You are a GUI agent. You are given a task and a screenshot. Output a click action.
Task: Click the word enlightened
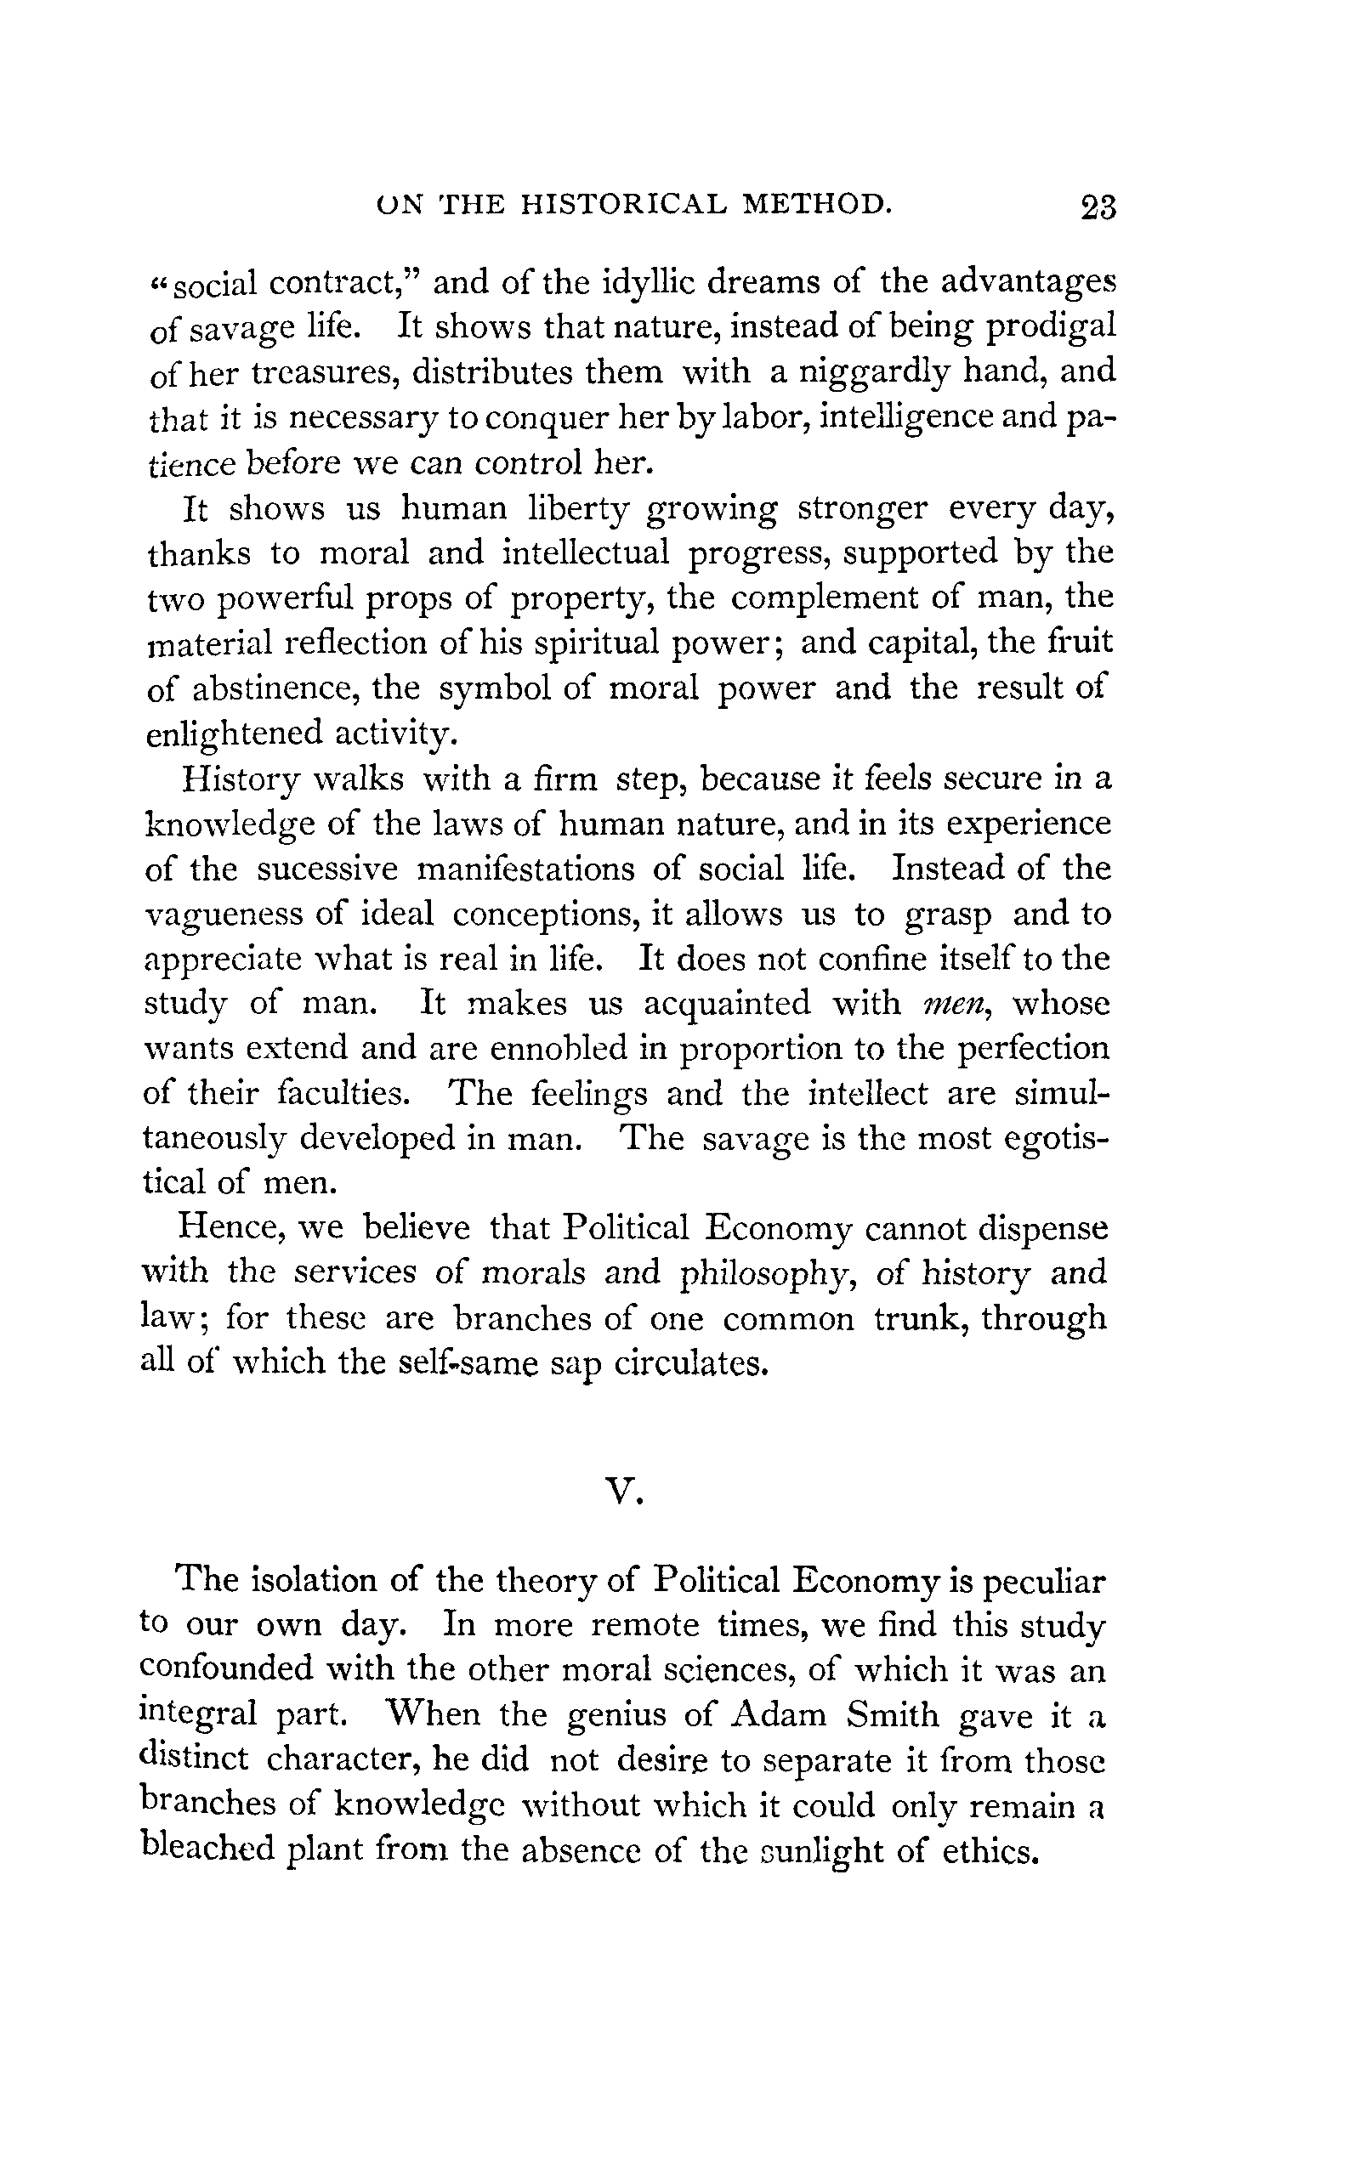[233, 734]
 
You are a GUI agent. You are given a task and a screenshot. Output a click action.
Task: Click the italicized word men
[955, 1004]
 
